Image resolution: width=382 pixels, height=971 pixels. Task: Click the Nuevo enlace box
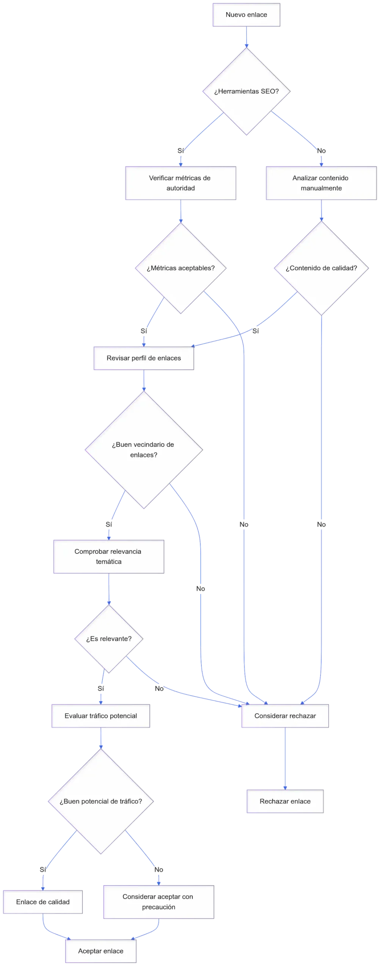pos(247,15)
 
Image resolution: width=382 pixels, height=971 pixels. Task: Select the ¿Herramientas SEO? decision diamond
pos(247,91)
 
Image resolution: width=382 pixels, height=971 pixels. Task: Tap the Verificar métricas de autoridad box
pos(180,183)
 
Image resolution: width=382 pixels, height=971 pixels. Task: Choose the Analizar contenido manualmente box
pos(321,183)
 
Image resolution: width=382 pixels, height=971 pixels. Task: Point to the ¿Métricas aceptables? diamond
pos(181,268)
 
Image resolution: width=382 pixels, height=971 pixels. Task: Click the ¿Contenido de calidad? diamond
pos(321,268)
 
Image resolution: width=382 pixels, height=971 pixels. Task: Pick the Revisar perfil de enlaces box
pos(144,358)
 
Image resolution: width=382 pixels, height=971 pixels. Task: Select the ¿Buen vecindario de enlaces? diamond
pos(143,450)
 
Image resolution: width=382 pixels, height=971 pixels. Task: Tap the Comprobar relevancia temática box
pos(108,556)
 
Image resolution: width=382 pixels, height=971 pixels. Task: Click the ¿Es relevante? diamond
pos(109,639)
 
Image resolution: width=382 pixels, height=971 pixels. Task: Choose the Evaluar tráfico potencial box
pos(101,716)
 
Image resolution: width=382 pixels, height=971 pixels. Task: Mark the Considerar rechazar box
pos(285,716)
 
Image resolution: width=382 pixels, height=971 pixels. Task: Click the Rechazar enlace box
pos(285,801)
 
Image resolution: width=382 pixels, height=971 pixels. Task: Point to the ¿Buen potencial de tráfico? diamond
pos(101,801)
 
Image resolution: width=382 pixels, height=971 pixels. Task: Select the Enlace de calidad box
pos(43,902)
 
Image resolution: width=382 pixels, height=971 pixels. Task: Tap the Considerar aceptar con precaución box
pos(158,902)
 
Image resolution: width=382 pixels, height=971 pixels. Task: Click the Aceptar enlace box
pos(101,951)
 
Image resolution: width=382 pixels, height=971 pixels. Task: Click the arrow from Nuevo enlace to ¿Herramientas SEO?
pos(247,37)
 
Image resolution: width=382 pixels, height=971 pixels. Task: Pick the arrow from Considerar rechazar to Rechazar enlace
pos(285,759)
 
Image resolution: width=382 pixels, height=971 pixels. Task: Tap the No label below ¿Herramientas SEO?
pos(321,151)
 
